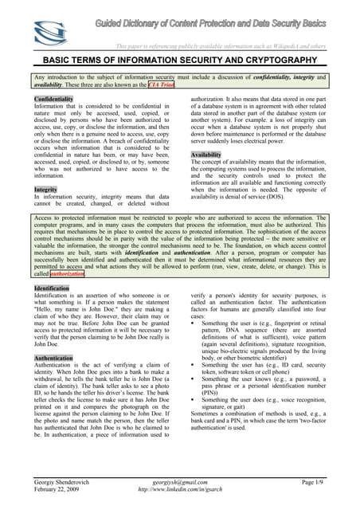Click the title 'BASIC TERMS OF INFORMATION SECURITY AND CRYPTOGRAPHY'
tap(181, 60)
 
